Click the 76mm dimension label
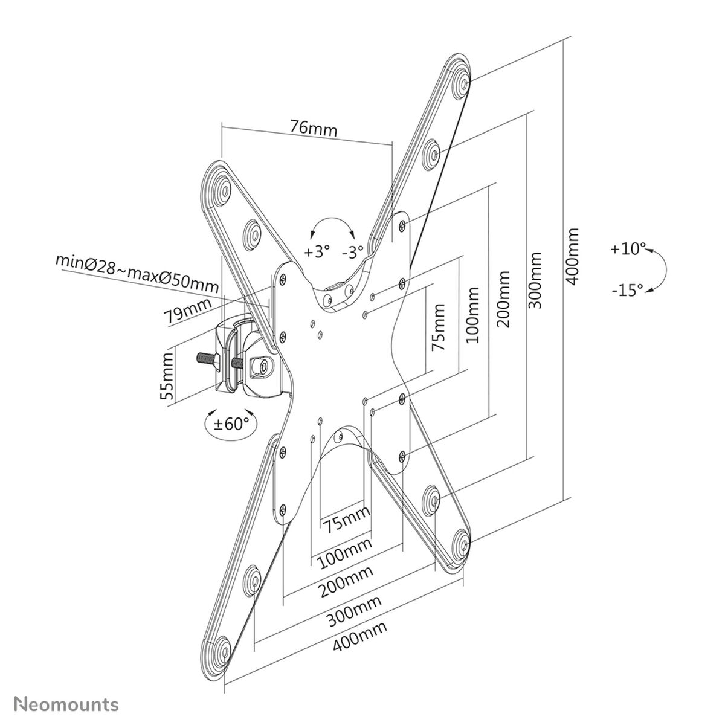pyautogui.click(x=314, y=128)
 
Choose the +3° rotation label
pyautogui.click(x=317, y=251)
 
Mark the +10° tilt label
pyautogui.click(x=628, y=248)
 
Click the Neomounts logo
pyautogui.click(x=66, y=704)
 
